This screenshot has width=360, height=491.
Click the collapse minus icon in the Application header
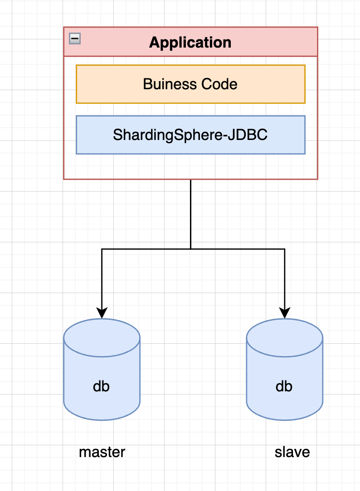click(75, 39)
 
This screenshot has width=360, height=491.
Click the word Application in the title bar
click(190, 43)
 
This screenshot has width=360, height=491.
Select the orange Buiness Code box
click(272, 84)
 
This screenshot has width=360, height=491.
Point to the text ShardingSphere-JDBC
click(190, 135)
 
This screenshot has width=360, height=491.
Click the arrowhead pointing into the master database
click(102, 313)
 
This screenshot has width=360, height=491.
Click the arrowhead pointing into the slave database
click(285, 313)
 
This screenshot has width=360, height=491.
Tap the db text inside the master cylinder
click(102, 386)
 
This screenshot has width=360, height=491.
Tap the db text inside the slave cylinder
click(284, 386)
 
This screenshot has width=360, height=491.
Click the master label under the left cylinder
click(102, 452)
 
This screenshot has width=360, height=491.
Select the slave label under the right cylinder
click(292, 452)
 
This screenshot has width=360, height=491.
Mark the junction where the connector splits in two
click(190, 249)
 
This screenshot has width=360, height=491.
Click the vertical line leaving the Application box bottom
click(190, 213)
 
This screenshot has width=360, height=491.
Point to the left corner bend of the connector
click(102, 249)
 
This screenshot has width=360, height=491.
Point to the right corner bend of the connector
click(285, 249)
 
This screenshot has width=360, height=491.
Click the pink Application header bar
click(272, 42)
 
